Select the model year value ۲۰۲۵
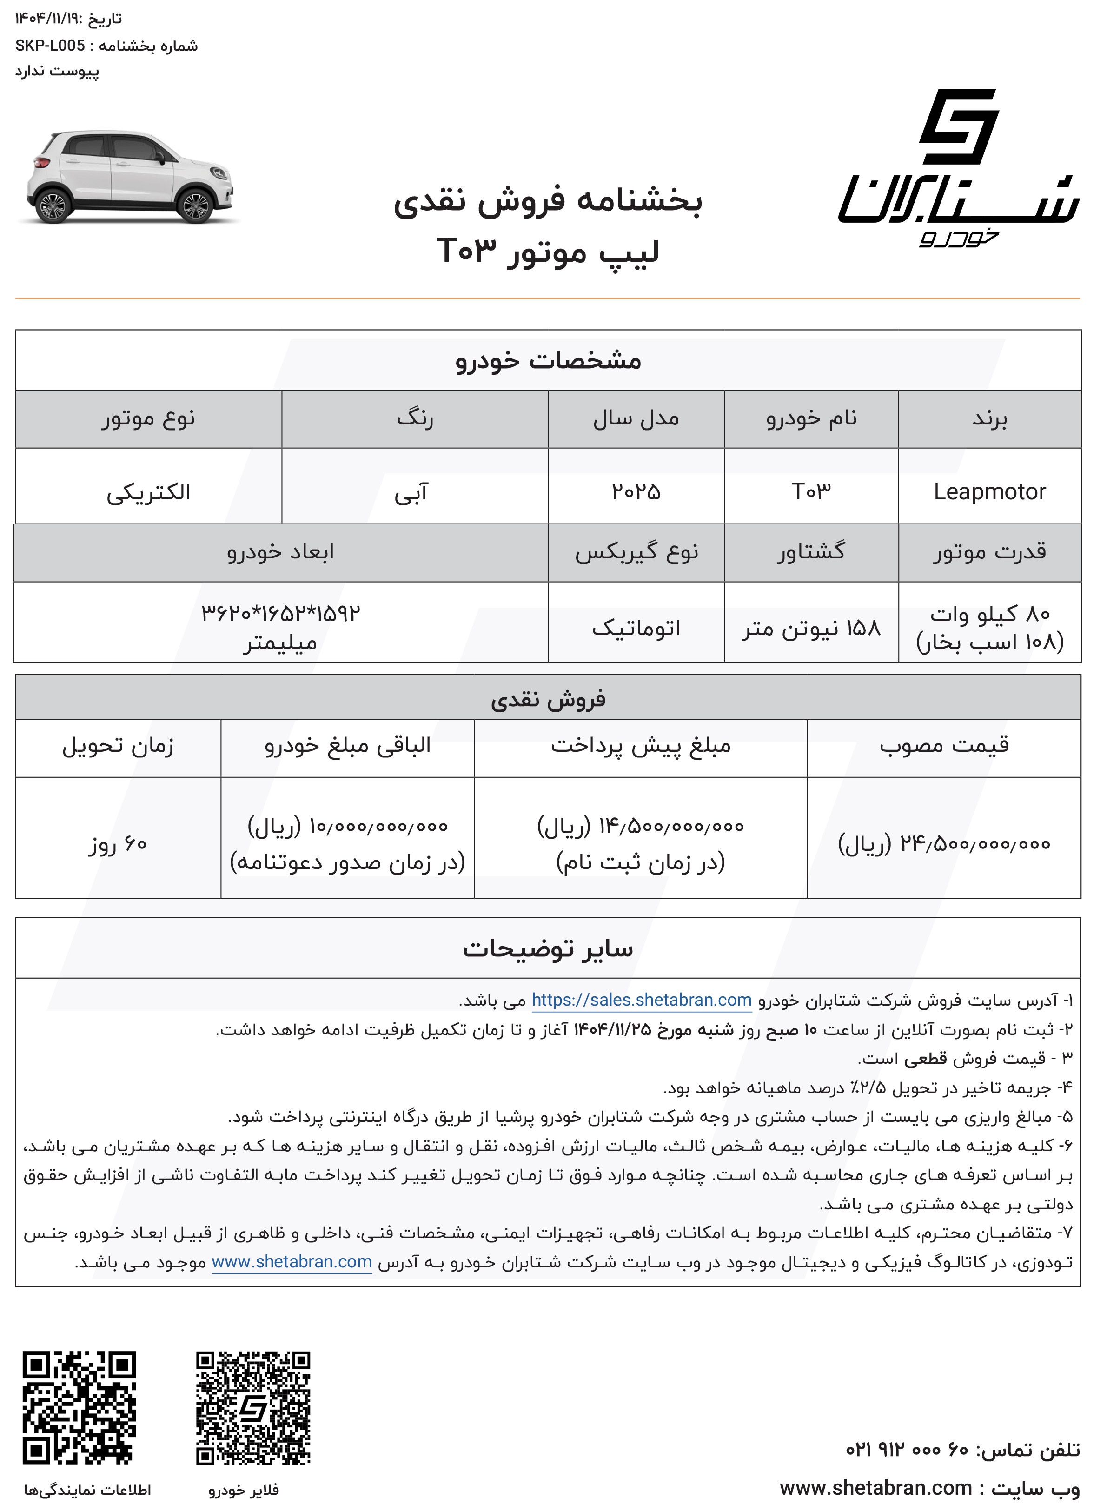coord(636,492)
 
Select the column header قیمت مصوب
coord(943,746)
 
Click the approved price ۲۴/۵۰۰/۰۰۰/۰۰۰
coord(943,844)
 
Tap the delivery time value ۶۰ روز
coord(118,844)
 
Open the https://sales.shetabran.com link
coord(641,1001)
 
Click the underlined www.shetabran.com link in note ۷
coord(292,1262)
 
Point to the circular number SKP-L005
coord(50,46)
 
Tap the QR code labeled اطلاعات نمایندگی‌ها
coord(79,1408)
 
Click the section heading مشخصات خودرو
coord(548,360)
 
